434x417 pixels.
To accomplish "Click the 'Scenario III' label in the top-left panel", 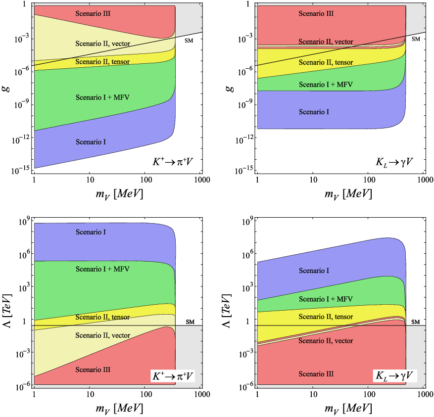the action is (93, 13).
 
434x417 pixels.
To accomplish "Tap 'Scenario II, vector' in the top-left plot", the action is (103, 44).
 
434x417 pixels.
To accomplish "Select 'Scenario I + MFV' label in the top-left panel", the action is (102, 97).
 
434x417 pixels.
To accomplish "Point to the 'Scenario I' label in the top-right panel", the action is (314, 112).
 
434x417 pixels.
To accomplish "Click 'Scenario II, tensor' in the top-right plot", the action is (326, 62).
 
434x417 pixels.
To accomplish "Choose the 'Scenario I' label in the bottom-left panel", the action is (91, 232).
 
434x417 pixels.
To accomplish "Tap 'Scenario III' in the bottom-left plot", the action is (93, 370).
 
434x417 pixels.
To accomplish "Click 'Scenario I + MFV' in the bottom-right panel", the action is (326, 299).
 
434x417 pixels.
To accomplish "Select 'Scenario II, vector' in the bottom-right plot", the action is (326, 341).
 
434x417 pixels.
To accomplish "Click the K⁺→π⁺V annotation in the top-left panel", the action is (172, 161).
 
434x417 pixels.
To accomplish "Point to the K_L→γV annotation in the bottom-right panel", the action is (394, 376).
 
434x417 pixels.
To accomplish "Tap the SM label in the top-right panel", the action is (416, 39).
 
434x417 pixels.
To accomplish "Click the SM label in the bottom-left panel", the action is (190, 322).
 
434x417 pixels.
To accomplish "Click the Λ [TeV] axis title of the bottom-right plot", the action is (227, 311).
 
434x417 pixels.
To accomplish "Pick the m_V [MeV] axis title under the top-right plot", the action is (348, 194).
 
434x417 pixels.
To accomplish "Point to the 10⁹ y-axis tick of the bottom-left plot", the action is (24, 222).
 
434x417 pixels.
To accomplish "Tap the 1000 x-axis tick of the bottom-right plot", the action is (425, 394).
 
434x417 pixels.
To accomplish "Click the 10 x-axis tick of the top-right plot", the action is (313, 180).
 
